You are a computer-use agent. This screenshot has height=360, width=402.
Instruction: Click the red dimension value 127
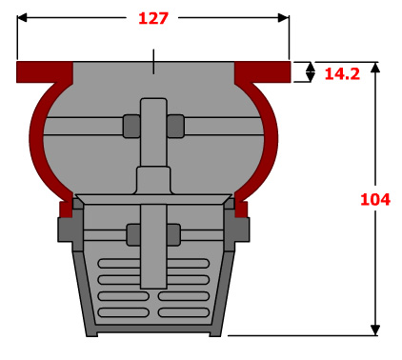coord(152,18)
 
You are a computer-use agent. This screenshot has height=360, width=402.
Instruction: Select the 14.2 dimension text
coord(342,74)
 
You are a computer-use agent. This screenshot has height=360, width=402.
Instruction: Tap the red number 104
coord(375,200)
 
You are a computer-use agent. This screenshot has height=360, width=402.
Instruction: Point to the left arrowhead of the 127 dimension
coord(22,18)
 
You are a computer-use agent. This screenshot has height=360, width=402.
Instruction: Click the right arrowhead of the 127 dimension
coord(283,18)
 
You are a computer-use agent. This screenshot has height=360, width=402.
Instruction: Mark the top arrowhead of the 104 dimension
coord(375,68)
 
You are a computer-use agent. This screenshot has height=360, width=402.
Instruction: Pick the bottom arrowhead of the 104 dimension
coord(375,330)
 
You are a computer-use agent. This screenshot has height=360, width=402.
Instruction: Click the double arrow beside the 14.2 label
coord(311,72)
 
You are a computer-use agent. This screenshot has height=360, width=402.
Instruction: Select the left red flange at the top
coord(45,72)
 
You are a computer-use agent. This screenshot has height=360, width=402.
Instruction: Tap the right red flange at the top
coord(263,72)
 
